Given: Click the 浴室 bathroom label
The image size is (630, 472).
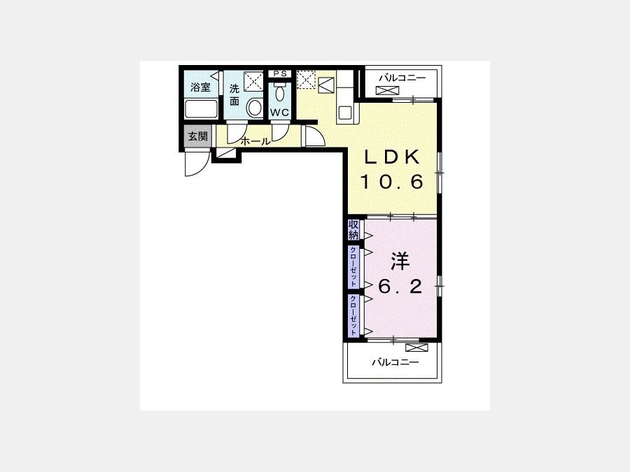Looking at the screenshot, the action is click(200, 87).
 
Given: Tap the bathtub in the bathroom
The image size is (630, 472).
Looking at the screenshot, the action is click(202, 109).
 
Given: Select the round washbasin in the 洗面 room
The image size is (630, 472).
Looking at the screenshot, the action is click(254, 108).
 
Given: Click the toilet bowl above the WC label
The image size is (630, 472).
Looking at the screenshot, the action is click(279, 93).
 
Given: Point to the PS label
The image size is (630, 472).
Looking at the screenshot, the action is click(280, 73).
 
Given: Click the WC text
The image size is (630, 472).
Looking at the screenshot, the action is click(279, 113).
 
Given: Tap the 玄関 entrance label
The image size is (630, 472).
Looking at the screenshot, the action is click(198, 136).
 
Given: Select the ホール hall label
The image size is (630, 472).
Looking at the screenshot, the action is click(255, 141).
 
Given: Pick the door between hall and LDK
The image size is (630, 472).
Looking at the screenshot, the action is click(315, 136).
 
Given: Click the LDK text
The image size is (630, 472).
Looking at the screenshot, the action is click(392, 157).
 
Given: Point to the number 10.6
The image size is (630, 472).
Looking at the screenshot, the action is click(392, 182).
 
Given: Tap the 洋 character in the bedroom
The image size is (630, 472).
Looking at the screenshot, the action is click(400, 262).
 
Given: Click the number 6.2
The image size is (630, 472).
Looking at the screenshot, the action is click(400, 287).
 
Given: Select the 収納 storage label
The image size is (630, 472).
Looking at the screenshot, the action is click(353, 230).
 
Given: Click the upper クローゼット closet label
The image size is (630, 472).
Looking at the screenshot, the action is click(353, 266).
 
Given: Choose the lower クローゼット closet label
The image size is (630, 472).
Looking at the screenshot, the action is click(353, 315).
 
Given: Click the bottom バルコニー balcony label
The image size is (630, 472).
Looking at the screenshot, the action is click(395, 362).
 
